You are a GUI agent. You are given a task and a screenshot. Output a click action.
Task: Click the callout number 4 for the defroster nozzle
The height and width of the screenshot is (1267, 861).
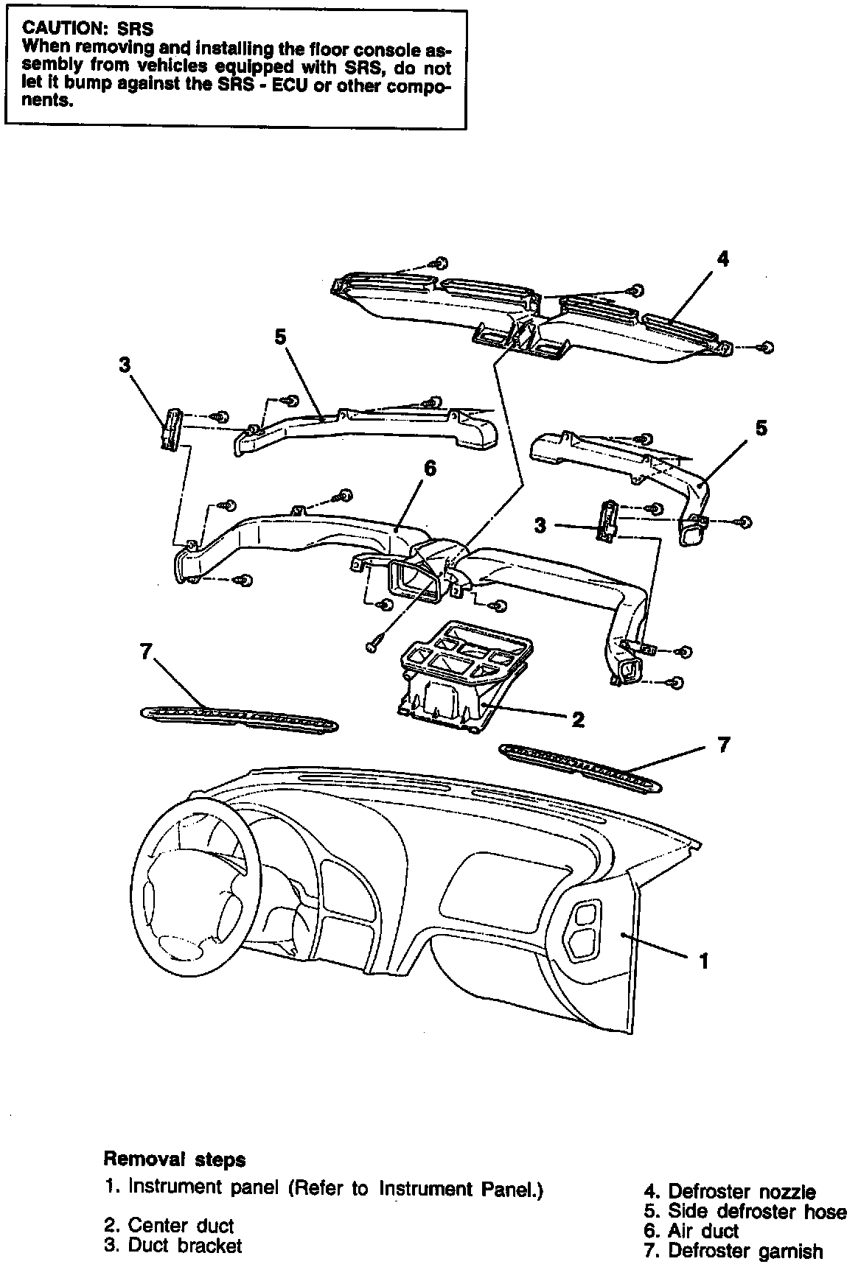click(723, 259)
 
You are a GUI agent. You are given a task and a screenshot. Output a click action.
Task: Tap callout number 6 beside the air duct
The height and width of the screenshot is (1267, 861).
click(430, 468)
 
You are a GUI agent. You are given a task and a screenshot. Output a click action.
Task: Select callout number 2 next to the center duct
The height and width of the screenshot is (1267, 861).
click(578, 720)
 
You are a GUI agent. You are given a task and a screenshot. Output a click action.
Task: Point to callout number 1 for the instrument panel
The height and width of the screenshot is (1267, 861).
click(704, 961)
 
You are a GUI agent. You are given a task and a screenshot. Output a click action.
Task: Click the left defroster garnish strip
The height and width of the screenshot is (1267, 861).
click(240, 717)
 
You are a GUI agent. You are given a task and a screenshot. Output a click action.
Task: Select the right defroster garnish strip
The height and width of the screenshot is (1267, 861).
click(579, 768)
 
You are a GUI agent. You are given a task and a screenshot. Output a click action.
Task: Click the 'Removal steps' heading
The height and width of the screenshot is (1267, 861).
click(174, 1159)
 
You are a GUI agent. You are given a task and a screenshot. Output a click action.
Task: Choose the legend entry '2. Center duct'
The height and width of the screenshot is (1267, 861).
click(169, 1226)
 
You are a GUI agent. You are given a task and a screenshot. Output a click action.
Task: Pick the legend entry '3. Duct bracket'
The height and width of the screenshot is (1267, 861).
click(173, 1246)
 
